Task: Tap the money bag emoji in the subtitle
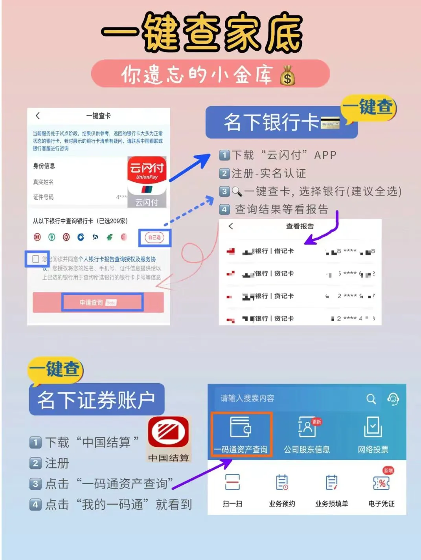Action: click(x=287, y=75)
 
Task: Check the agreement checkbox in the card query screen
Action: click(x=36, y=259)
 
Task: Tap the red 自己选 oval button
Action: click(x=154, y=237)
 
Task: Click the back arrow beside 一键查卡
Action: click(x=38, y=116)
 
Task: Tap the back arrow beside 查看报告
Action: click(x=231, y=226)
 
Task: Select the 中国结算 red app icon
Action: click(x=168, y=434)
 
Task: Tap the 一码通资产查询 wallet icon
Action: click(x=240, y=428)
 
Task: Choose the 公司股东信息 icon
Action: click(x=307, y=428)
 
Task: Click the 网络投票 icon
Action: click(x=373, y=428)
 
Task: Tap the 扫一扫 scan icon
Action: click(x=232, y=482)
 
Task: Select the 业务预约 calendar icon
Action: click(x=282, y=482)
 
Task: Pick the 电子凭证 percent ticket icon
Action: click(x=381, y=483)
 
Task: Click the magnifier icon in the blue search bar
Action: click(x=371, y=399)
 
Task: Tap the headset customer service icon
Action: click(x=393, y=399)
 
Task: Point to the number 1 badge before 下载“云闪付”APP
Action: click(x=224, y=155)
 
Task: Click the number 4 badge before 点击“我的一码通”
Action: click(x=35, y=505)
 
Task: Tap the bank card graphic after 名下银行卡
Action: click(x=330, y=123)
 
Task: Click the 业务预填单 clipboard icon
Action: click(x=331, y=482)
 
